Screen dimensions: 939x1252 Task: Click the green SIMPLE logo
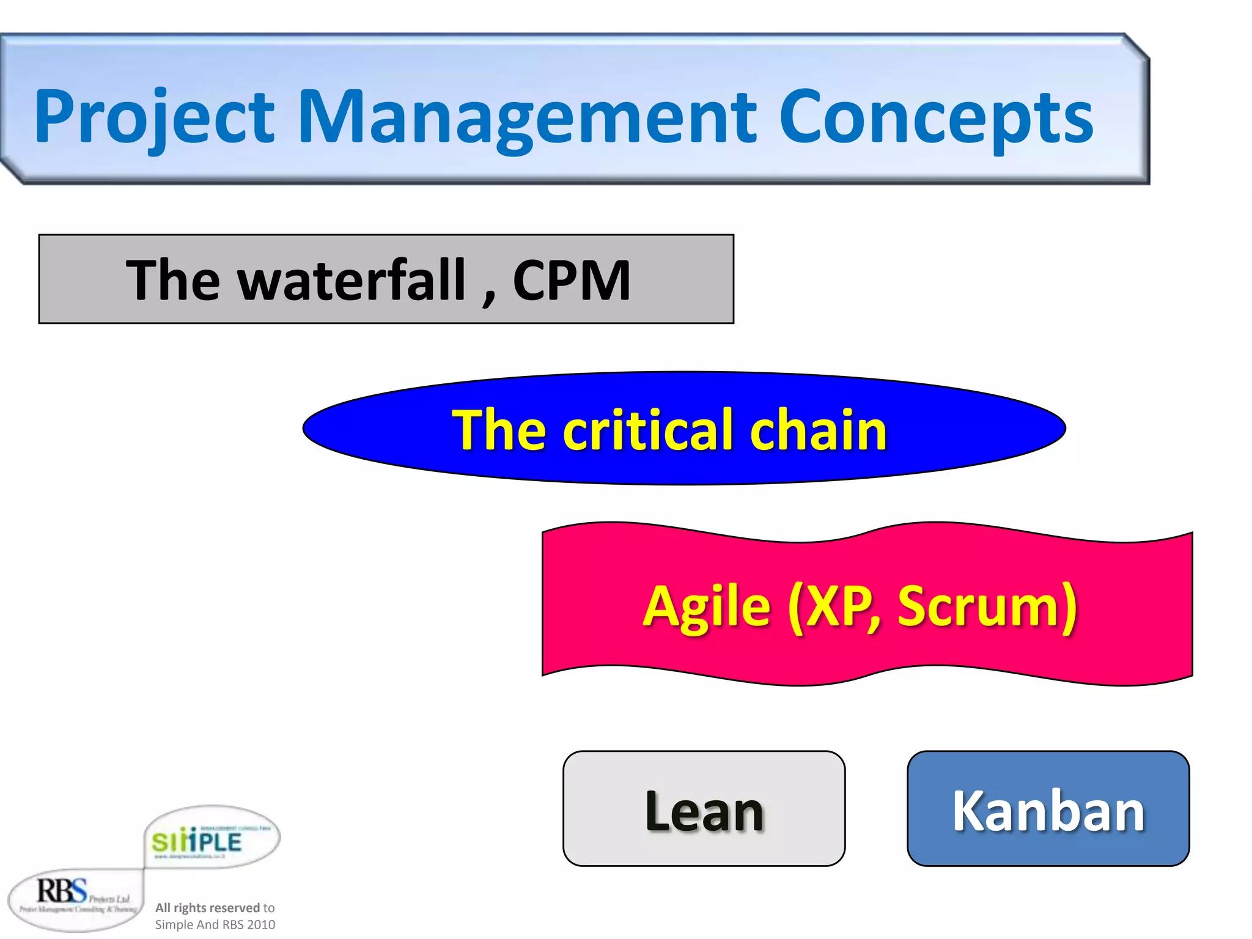point(197,841)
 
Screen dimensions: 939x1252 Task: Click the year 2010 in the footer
point(261,924)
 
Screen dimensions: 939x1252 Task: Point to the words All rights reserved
point(207,907)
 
